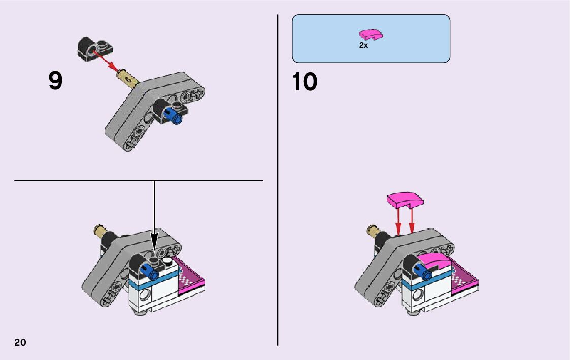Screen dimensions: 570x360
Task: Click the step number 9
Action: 56,81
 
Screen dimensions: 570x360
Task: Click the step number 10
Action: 305,82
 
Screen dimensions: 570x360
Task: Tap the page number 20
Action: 20,342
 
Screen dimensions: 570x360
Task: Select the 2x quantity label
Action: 363,45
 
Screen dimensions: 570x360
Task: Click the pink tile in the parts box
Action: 372,35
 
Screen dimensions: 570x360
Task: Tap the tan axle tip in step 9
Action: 127,78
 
